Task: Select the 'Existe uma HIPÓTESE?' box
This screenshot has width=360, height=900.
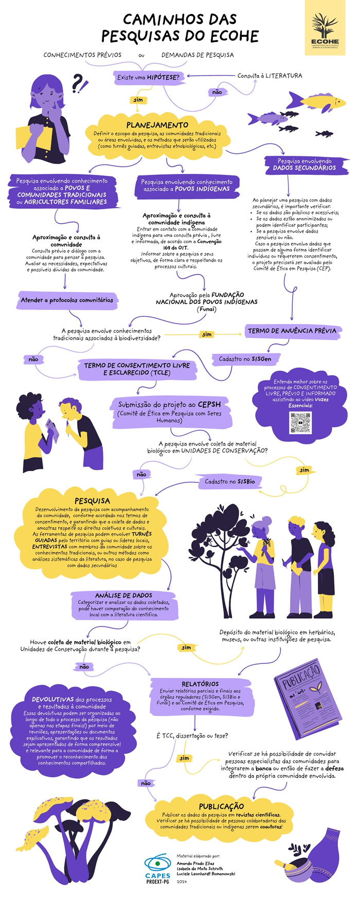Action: pos(148,78)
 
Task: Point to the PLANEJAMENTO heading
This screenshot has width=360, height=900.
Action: pos(157,125)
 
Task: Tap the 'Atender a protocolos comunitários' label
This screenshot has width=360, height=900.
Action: pos(67,300)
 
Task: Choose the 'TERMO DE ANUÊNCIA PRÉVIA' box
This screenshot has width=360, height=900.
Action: pos(292,331)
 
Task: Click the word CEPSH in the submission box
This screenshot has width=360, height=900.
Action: pos(209,405)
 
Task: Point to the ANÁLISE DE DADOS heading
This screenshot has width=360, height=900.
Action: pos(123,595)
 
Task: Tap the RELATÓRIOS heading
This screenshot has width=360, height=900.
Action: pos(200,683)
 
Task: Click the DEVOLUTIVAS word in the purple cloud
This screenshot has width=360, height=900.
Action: pos(53,699)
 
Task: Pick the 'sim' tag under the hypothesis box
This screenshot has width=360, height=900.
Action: pos(138,100)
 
